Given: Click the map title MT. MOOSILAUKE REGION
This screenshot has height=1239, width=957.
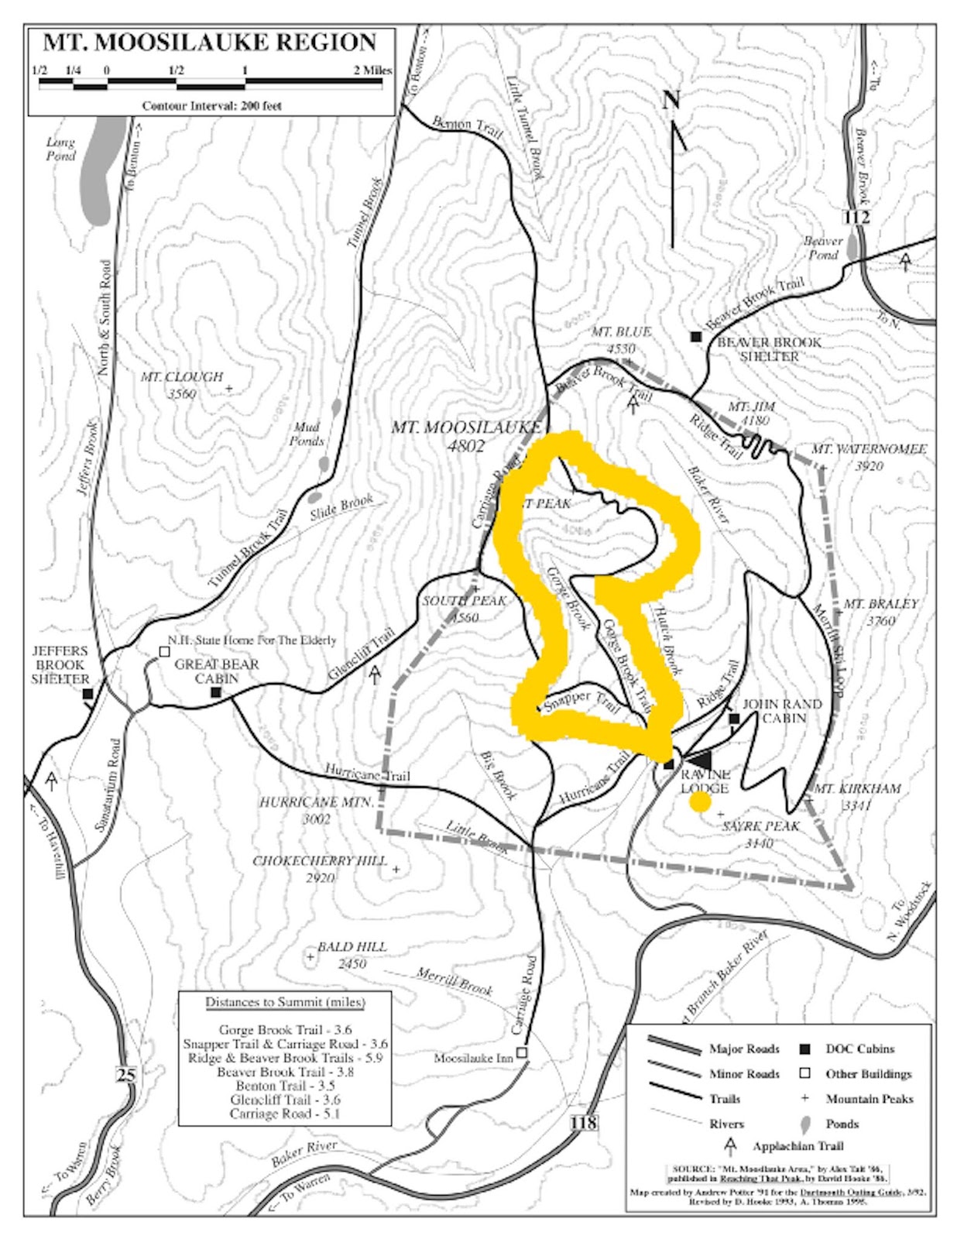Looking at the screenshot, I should pyautogui.click(x=209, y=43).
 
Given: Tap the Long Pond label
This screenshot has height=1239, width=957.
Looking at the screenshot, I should pyautogui.click(x=60, y=149).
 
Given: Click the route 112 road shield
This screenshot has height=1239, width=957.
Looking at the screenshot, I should pyautogui.click(x=857, y=217).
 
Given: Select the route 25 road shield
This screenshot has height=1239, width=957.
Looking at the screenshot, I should pyautogui.click(x=125, y=1074).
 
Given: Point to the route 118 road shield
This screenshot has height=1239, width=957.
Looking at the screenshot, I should pyautogui.click(x=585, y=1121).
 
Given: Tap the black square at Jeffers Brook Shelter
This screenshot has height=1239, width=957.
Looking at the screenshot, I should pyautogui.click(x=87, y=695).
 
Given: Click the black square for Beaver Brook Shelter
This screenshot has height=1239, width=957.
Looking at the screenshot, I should pyautogui.click(x=696, y=336).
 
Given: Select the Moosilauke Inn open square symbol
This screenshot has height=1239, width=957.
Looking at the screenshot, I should pyautogui.click(x=522, y=1052).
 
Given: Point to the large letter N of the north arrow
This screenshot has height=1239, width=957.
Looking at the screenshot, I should pyautogui.click(x=671, y=100).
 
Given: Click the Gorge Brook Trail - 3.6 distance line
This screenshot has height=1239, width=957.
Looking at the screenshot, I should pyautogui.click(x=285, y=1030).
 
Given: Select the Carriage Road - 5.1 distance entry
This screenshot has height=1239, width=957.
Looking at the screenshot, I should pyautogui.click(x=285, y=1114).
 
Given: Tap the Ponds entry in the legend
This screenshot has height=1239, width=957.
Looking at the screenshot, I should pyautogui.click(x=842, y=1124).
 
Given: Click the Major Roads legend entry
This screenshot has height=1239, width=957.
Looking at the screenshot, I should pyautogui.click(x=744, y=1049).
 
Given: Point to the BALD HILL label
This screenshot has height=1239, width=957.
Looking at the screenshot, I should pyautogui.click(x=352, y=947).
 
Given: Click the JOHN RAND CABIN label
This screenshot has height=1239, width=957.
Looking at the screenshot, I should pyautogui.click(x=782, y=711).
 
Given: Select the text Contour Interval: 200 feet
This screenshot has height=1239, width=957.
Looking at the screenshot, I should pyautogui.click(x=211, y=106).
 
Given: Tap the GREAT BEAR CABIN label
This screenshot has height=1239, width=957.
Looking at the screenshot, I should pyautogui.click(x=217, y=671).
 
